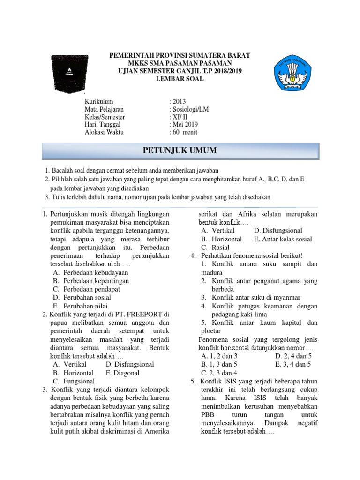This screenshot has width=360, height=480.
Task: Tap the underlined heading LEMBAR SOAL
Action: [180, 79]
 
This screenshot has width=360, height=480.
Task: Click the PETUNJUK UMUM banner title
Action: [180, 150]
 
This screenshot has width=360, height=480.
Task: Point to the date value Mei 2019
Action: [185, 124]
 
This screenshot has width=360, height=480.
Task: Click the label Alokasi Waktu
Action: [104, 132]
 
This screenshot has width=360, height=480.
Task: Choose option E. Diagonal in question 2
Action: [123, 373]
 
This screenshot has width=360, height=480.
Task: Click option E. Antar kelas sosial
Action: [283, 239]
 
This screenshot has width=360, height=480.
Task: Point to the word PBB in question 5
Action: [208, 415]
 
